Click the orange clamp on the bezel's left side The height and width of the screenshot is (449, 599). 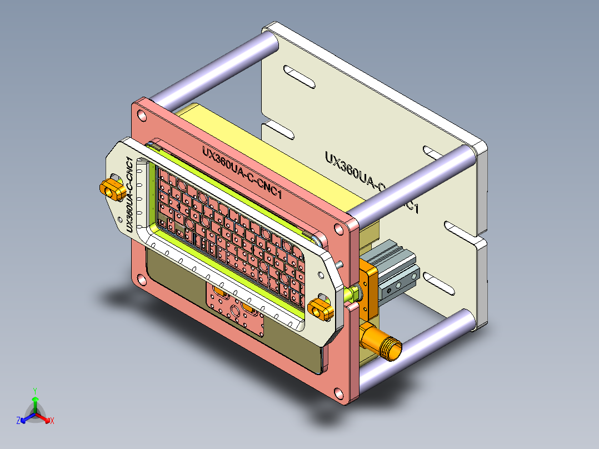(x=113, y=189)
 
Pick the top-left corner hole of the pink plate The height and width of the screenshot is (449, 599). (x=142, y=116)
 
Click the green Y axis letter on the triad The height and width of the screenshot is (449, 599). (x=34, y=391)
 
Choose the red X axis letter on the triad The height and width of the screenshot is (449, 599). (x=52, y=421)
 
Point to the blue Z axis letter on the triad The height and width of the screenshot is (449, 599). (x=18, y=421)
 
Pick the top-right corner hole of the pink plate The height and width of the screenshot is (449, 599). (x=338, y=228)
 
